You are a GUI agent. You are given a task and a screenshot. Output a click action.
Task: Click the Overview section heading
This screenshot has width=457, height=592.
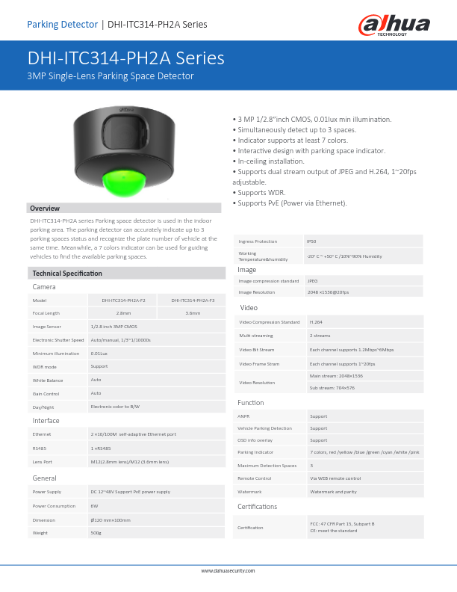[45, 209]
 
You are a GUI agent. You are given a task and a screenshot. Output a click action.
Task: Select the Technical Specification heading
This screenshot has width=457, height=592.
[67, 274]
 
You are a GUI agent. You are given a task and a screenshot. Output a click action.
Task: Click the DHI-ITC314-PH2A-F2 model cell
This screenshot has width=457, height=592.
[124, 300]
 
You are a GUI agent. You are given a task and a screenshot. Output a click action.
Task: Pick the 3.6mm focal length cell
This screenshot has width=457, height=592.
[193, 313]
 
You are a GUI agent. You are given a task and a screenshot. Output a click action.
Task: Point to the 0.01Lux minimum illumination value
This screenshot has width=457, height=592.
[99, 354]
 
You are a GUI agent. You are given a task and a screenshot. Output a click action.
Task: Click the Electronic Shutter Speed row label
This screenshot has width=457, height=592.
[58, 340]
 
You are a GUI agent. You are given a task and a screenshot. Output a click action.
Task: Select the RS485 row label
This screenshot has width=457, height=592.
[40, 448]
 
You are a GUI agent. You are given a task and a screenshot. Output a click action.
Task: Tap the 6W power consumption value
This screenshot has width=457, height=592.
[94, 506]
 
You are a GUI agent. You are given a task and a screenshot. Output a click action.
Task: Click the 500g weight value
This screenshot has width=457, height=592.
[96, 533]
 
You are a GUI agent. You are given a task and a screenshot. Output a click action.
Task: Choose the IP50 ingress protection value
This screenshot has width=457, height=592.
[311, 241]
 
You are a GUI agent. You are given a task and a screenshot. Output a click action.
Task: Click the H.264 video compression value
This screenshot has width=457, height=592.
[316, 322]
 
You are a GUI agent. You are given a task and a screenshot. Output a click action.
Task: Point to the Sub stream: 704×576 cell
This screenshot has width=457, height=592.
[332, 388]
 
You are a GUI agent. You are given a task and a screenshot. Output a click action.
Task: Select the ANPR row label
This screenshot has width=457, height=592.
[243, 416]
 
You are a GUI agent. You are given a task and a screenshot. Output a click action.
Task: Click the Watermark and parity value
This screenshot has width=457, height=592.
[333, 492]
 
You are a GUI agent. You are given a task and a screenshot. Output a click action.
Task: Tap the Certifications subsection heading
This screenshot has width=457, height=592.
[257, 507]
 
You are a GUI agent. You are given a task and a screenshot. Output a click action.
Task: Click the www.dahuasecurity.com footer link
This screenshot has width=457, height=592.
[228, 571]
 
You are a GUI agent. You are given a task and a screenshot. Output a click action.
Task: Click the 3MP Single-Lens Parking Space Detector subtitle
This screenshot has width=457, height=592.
[111, 76]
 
